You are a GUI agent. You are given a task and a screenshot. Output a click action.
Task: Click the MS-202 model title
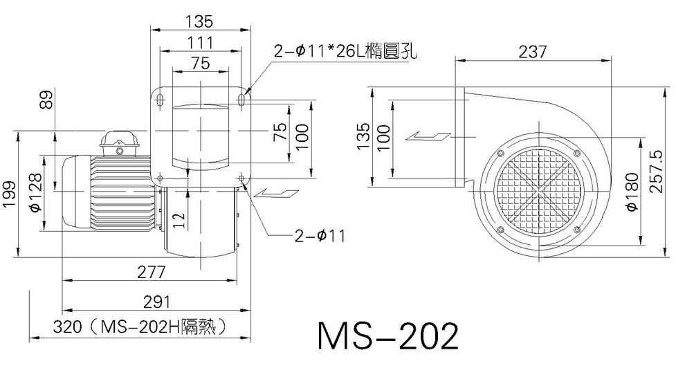(388, 336)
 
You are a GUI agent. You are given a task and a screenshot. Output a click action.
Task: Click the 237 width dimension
(533, 52)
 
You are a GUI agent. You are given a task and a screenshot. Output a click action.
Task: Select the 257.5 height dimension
(655, 172)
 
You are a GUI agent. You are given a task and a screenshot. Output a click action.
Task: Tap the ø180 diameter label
(632, 192)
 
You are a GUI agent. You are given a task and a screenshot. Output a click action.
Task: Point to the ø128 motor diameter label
(35, 192)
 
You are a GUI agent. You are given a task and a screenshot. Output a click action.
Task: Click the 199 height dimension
(9, 194)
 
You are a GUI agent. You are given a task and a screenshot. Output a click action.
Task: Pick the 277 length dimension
(151, 273)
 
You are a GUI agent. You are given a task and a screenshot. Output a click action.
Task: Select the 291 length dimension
(156, 302)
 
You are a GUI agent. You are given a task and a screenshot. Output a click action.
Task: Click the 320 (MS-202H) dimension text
(140, 327)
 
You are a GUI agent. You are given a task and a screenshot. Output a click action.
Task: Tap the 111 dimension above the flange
(201, 43)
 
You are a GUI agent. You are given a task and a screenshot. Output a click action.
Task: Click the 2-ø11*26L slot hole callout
(346, 52)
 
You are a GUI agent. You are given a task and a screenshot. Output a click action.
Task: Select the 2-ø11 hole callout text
(320, 236)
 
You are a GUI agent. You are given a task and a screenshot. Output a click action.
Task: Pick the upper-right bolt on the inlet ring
(577, 153)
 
